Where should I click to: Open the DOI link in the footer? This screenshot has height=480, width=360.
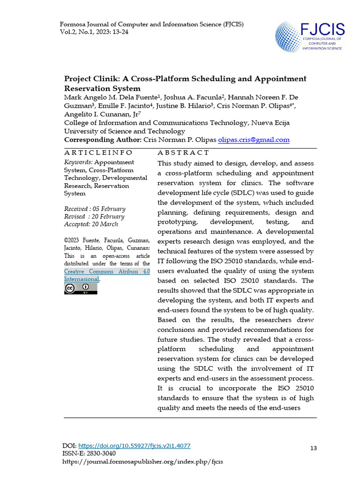click(134, 446)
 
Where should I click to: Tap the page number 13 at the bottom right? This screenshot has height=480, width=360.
click(314, 449)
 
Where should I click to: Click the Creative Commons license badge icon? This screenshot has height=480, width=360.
click(81, 289)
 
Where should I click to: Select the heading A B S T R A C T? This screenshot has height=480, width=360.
click(183, 153)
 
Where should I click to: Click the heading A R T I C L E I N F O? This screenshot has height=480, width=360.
click(98, 153)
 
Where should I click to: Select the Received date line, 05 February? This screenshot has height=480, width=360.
click(95, 209)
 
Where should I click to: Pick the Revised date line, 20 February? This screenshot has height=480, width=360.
click(94, 217)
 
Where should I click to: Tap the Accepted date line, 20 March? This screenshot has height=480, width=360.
click(92, 224)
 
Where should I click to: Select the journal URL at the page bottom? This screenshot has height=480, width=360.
click(143, 462)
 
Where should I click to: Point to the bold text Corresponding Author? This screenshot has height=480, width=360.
click(102, 140)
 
